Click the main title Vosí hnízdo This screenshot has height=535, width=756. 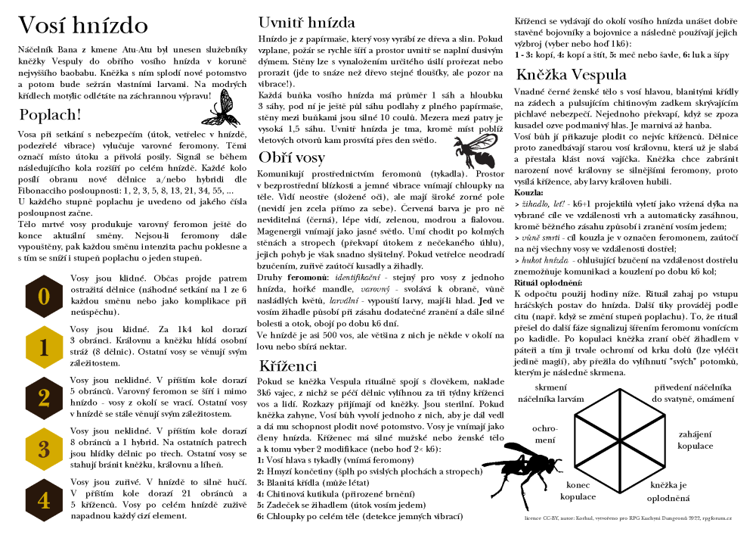[x=82, y=25]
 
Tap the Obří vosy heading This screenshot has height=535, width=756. [x=292, y=157]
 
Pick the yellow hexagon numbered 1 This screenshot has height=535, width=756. [x=45, y=347]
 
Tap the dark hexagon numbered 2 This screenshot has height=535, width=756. [x=45, y=398]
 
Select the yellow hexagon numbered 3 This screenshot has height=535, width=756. [x=45, y=448]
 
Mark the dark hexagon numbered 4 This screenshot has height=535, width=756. [x=45, y=499]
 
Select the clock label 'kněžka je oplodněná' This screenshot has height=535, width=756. [x=669, y=491]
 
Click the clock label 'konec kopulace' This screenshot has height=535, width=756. [x=578, y=491]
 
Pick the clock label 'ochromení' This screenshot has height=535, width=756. [x=544, y=434]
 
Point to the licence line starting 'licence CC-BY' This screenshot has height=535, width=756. [x=627, y=518]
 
